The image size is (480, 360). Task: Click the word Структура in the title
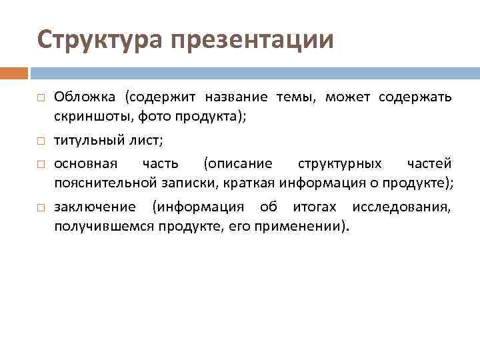[99, 39]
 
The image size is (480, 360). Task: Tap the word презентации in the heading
[251, 39]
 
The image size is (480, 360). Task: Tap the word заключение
[95, 207]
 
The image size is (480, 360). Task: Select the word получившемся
[105, 227]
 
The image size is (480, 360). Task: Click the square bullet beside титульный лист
[41, 141]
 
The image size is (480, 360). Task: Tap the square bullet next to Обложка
[41, 97]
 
